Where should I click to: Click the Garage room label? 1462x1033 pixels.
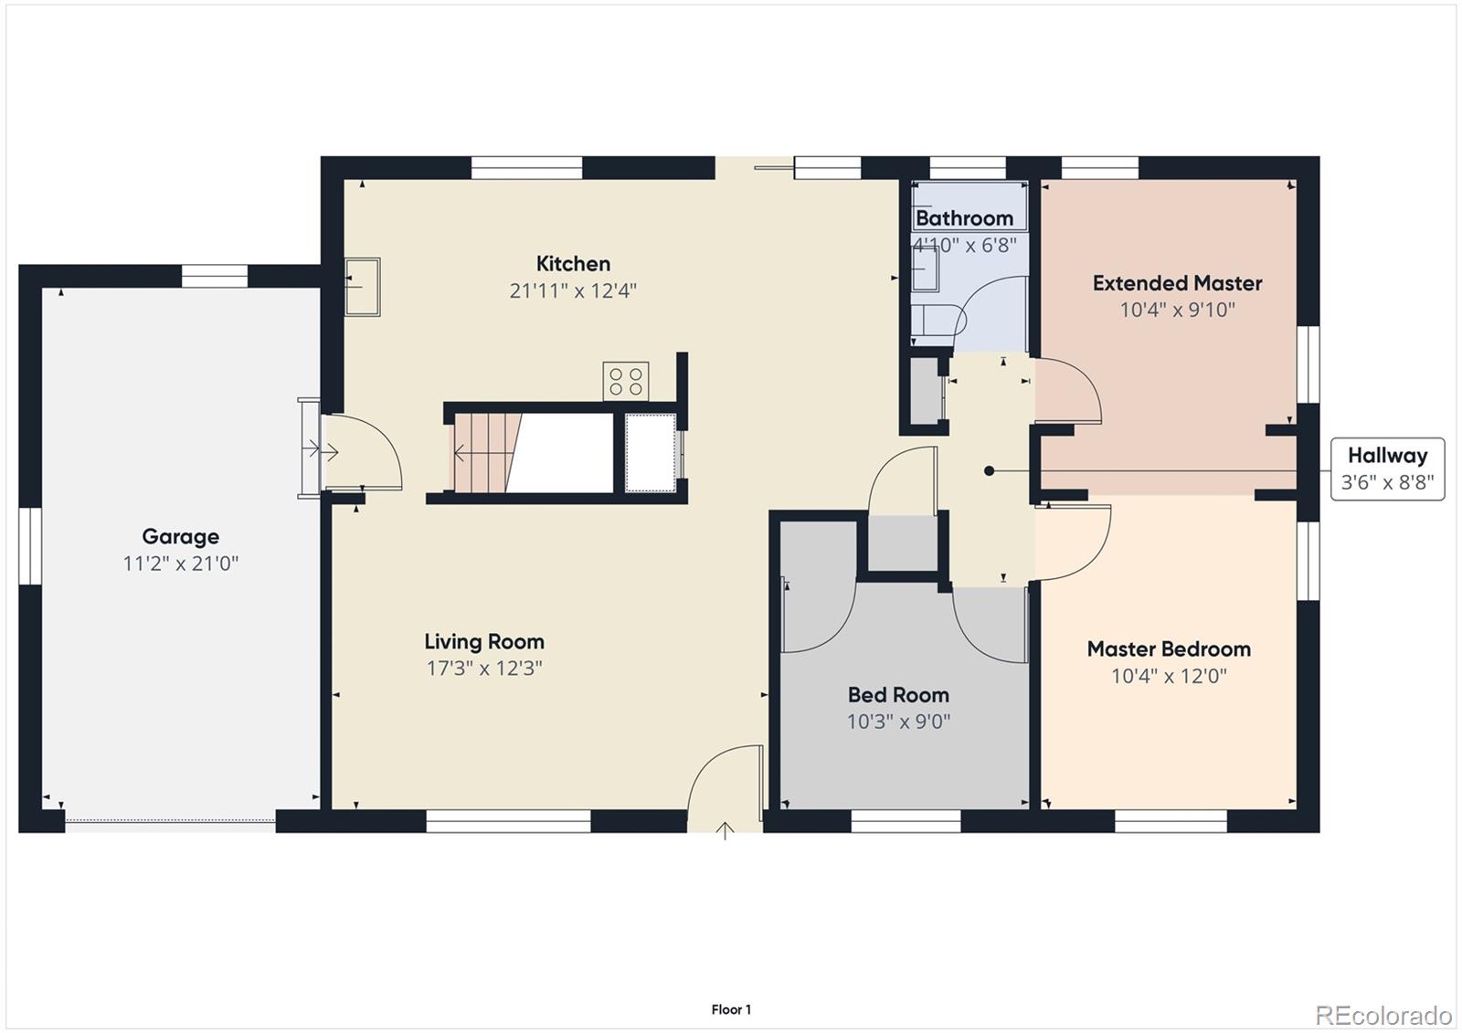click(x=180, y=536)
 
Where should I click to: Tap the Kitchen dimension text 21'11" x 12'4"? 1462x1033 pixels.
click(x=573, y=290)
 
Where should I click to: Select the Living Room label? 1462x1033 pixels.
click(x=483, y=641)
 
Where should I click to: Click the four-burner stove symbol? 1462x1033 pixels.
click(x=626, y=381)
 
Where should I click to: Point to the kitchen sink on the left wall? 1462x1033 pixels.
click(x=362, y=287)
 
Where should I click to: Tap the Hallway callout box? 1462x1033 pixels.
click(x=1387, y=469)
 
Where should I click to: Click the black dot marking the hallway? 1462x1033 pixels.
click(x=989, y=471)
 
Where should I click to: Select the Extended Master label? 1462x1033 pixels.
click(x=1177, y=283)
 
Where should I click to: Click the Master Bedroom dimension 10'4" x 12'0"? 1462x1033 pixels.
click(x=1169, y=676)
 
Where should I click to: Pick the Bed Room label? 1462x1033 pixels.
click(x=898, y=695)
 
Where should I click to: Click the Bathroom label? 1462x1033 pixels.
click(x=964, y=218)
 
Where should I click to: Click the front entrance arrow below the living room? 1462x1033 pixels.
click(x=725, y=830)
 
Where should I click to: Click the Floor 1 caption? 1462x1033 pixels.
click(x=731, y=1009)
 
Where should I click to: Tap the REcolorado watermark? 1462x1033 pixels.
click(x=1383, y=1015)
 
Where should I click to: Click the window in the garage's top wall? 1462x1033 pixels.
click(x=214, y=275)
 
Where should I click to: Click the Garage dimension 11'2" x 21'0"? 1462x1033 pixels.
click(x=180, y=564)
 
